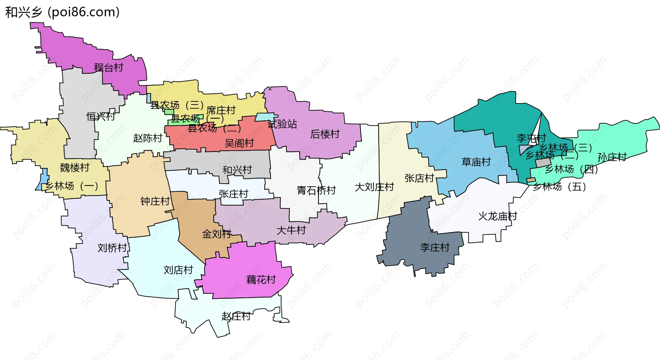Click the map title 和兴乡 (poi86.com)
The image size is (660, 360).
[62, 12]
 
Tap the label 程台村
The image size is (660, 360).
[109, 67]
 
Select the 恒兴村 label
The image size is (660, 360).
[101, 117]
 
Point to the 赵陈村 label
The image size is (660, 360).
[147, 138]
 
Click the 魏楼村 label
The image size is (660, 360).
[75, 168]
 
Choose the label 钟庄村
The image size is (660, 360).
[155, 201]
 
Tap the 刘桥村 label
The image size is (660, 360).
[112, 248]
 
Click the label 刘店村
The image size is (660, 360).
[178, 270]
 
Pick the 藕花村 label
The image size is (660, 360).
[261, 280]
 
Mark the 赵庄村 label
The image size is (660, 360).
[236, 316]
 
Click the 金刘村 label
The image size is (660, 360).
[217, 234]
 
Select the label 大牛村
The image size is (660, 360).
[291, 230]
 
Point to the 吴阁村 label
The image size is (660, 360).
[239, 143]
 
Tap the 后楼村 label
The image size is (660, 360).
[325, 134]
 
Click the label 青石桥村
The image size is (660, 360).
[316, 190]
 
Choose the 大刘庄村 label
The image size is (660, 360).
[374, 187]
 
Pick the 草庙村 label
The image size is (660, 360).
[476, 162]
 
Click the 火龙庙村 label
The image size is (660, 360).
[498, 216]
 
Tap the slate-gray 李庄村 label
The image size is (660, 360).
[435, 247]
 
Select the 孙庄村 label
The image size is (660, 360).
[612, 157]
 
